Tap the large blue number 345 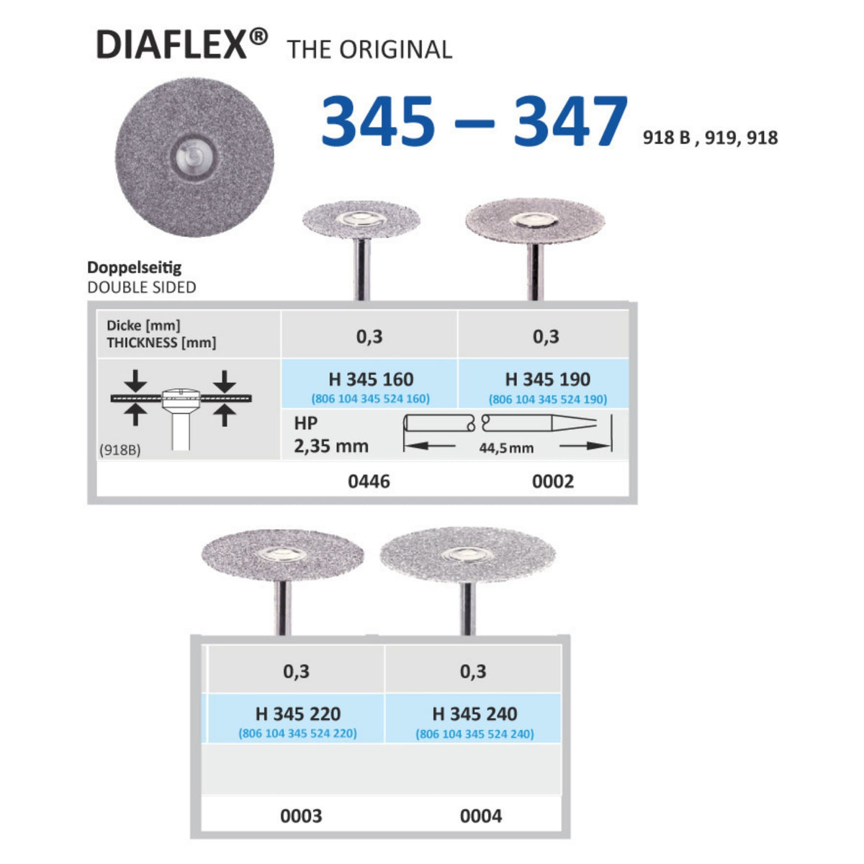pyautogui.click(x=378, y=121)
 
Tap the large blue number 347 pyautogui.click(x=570, y=121)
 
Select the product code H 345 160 pyautogui.click(x=371, y=379)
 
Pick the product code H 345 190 pyautogui.click(x=547, y=379)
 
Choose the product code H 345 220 pyautogui.click(x=297, y=714)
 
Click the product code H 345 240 pyautogui.click(x=474, y=714)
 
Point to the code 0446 pyautogui.click(x=369, y=482)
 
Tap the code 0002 pyautogui.click(x=553, y=482)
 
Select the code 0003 pyautogui.click(x=301, y=816)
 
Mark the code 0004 pyautogui.click(x=481, y=816)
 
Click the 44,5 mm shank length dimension pyautogui.click(x=506, y=448)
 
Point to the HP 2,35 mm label pyautogui.click(x=331, y=435)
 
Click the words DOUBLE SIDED pyautogui.click(x=142, y=287)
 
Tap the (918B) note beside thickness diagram pyautogui.click(x=120, y=450)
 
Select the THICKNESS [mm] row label pyautogui.click(x=161, y=343)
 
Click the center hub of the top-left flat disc pyautogui.click(x=194, y=157)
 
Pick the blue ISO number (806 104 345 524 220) pyautogui.click(x=297, y=734)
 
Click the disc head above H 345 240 pyautogui.click(x=468, y=554)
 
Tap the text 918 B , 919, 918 pyautogui.click(x=710, y=138)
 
